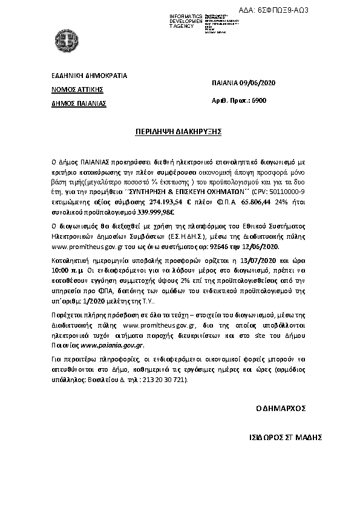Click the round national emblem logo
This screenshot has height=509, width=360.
click(x=67, y=43)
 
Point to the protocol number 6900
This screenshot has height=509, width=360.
click(x=258, y=100)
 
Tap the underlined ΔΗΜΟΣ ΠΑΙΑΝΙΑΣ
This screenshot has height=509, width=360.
click(x=79, y=103)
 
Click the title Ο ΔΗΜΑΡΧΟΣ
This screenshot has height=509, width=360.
click(x=280, y=409)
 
